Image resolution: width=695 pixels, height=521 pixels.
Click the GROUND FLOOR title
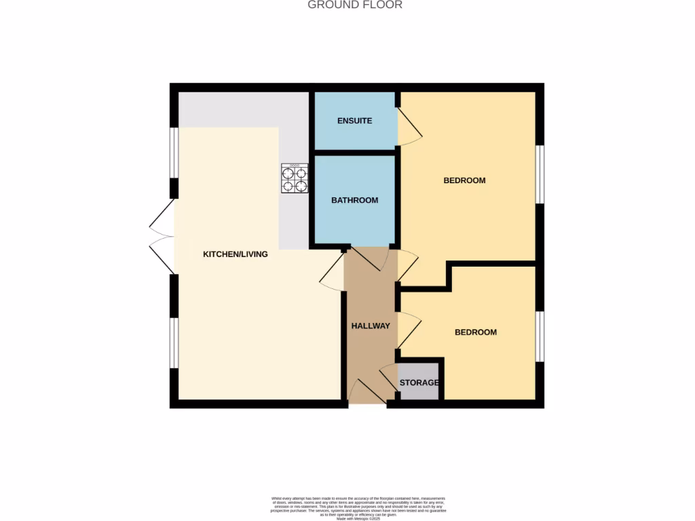tap(355, 5)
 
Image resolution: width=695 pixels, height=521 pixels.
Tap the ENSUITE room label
tap(355, 121)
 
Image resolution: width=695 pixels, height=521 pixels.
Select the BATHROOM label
tap(354, 200)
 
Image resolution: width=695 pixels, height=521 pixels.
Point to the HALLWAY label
tap(371, 326)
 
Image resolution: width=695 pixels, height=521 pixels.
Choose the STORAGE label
tap(419, 383)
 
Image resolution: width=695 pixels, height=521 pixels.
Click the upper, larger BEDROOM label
tap(464, 180)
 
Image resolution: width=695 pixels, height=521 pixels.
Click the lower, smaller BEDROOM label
tap(475, 332)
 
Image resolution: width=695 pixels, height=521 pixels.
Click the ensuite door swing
tap(409, 126)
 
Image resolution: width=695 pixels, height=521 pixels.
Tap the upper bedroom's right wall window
tap(540, 174)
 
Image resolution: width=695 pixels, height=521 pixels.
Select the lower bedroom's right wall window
tap(540, 336)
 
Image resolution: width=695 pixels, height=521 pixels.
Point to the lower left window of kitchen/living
tap(174, 343)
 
